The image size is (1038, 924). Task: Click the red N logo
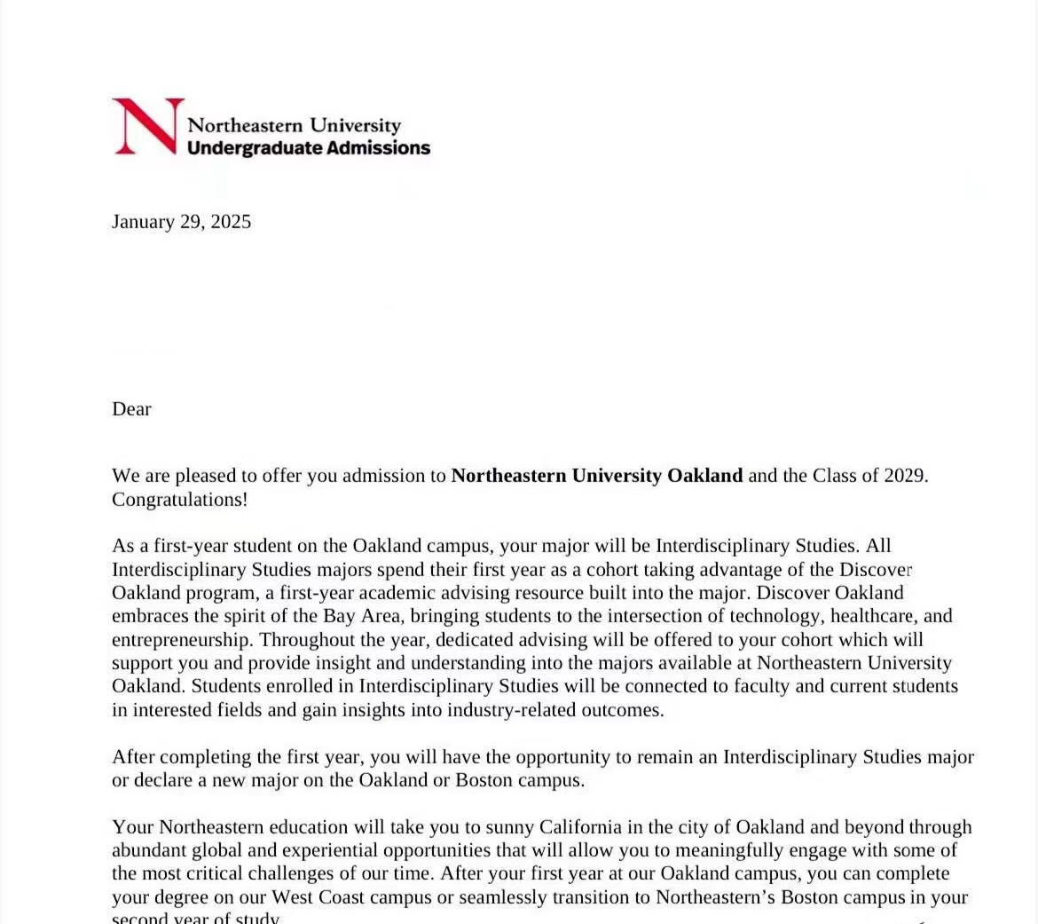point(147,126)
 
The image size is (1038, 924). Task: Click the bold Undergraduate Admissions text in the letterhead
point(308,148)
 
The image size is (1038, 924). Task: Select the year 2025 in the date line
point(231,221)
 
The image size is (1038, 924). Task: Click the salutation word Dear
point(131,409)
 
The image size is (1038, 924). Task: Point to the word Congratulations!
point(179,500)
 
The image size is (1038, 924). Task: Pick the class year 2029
point(905,476)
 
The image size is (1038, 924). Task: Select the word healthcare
point(873,616)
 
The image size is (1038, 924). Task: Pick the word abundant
point(147,850)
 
